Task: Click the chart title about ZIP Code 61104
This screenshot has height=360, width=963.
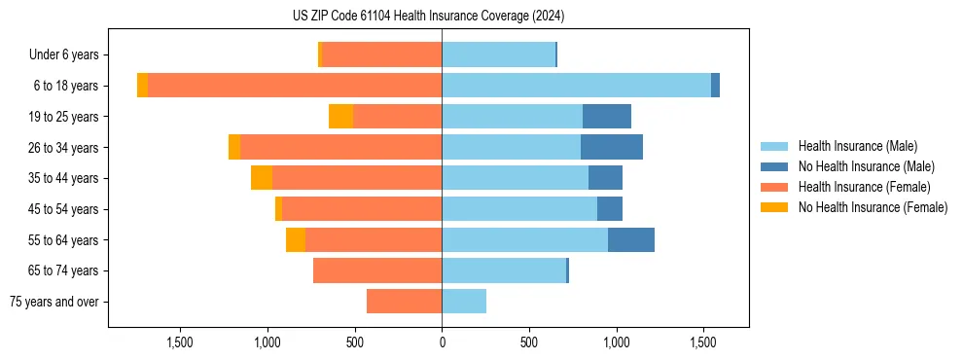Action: coord(428,17)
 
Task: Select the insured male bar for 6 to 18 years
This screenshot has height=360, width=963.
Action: coord(576,86)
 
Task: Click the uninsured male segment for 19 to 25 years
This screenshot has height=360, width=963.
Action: coord(607,117)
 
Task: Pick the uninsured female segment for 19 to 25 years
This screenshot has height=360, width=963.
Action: coord(340,117)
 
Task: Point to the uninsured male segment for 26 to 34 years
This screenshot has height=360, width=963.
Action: coord(612,148)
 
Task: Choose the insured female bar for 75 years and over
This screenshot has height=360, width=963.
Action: coord(404,302)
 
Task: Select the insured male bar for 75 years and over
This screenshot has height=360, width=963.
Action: coord(464,302)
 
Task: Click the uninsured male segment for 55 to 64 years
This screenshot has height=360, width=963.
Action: coord(631,240)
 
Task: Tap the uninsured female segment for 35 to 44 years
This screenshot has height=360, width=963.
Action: coord(262,178)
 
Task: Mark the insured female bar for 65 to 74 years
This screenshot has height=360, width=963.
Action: coord(377,270)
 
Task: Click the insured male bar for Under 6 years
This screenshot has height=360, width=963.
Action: coord(498,55)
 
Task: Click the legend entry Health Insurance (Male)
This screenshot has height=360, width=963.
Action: coord(857,146)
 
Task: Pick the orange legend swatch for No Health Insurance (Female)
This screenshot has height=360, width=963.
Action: coord(775,207)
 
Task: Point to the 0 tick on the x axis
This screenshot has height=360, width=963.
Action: coord(442,342)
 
